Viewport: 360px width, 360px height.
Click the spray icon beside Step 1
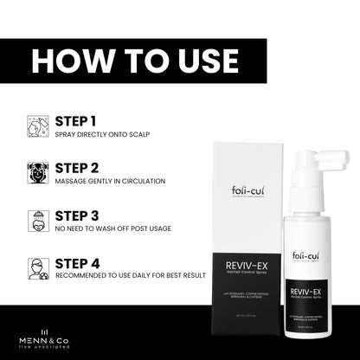tap(38, 126)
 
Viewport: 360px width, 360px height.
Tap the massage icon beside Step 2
tap(38, 172)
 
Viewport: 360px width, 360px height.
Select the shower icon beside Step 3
tap(38, 220)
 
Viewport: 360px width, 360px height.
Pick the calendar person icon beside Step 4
tap(38, 267)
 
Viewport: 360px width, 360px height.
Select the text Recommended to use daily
tap(130, 275)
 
